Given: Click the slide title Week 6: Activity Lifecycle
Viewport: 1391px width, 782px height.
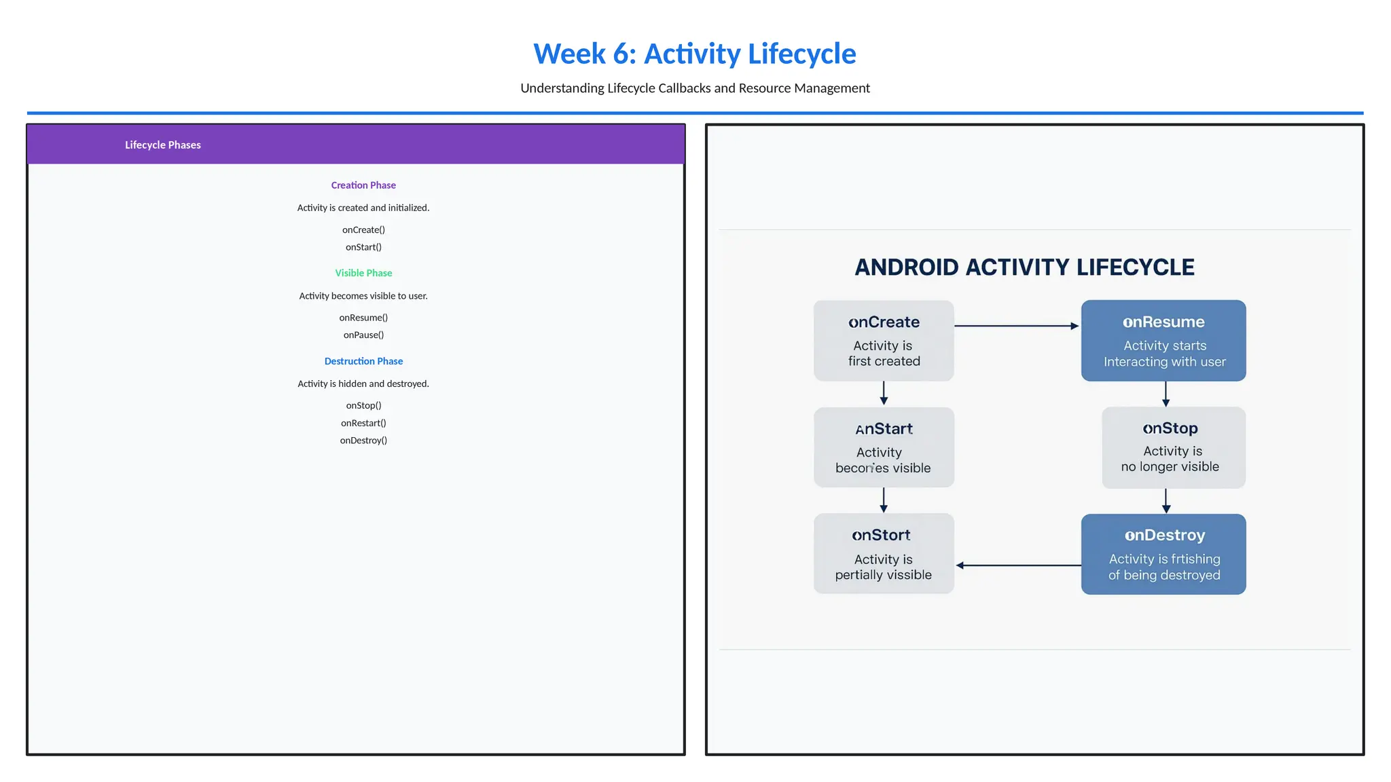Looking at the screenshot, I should [694, 54].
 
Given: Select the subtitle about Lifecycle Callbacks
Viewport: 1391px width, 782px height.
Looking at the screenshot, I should [694, 88].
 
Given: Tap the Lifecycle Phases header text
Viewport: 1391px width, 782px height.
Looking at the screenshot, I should [162, 145].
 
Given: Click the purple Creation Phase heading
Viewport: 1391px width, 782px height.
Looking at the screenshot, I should [363, 185].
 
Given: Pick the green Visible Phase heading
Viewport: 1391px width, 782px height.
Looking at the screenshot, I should [363, 273].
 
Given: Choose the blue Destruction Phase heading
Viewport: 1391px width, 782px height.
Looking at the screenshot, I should [363, 361].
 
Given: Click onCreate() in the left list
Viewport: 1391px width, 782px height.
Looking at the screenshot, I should [363, 229].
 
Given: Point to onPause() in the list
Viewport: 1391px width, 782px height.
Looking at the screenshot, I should [363, 335].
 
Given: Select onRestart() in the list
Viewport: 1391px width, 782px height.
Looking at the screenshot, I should [363, 423].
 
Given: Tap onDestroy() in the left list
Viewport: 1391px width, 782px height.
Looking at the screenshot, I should [363, 441].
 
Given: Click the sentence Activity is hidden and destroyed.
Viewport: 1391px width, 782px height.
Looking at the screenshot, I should [363, 384].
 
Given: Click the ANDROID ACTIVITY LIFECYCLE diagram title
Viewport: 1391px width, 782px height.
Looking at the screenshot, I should [1024, 267].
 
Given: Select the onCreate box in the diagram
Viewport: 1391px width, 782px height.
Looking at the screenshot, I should [884, 341].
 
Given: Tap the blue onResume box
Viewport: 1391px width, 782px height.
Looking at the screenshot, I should [1163, 341].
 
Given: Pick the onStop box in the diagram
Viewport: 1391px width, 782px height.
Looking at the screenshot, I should [1173, 447].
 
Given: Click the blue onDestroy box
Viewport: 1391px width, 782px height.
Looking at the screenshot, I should [1163, 554].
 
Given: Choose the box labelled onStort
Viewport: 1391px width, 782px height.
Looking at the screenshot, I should [884, 553].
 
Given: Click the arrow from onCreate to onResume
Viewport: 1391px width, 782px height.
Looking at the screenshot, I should [1016, 326].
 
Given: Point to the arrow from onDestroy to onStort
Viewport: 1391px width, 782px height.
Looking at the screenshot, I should [1018, 565].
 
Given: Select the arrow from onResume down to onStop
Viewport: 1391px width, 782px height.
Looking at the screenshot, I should [1166, 394].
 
